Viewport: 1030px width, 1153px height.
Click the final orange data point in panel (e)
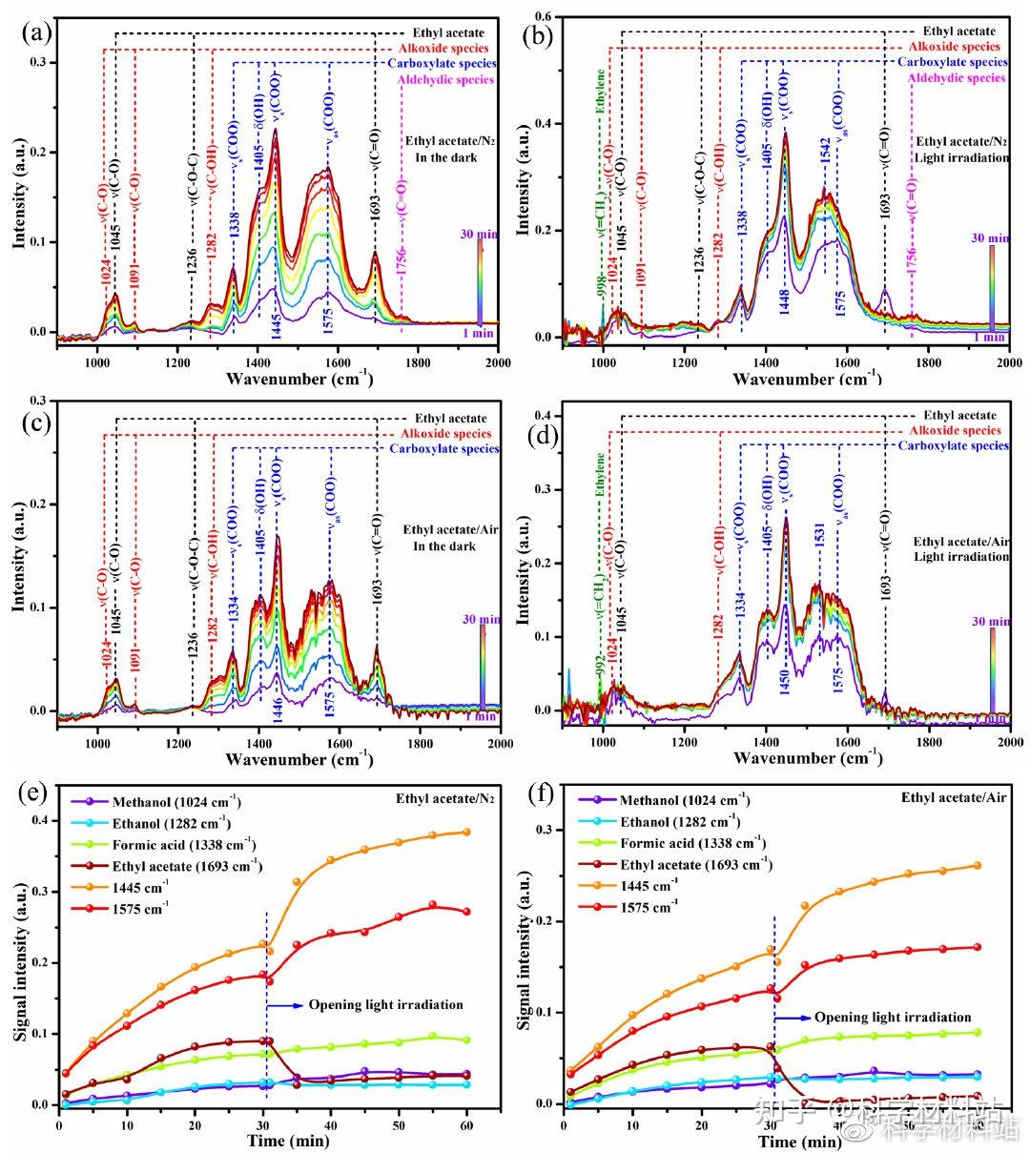tap(466, 832)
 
